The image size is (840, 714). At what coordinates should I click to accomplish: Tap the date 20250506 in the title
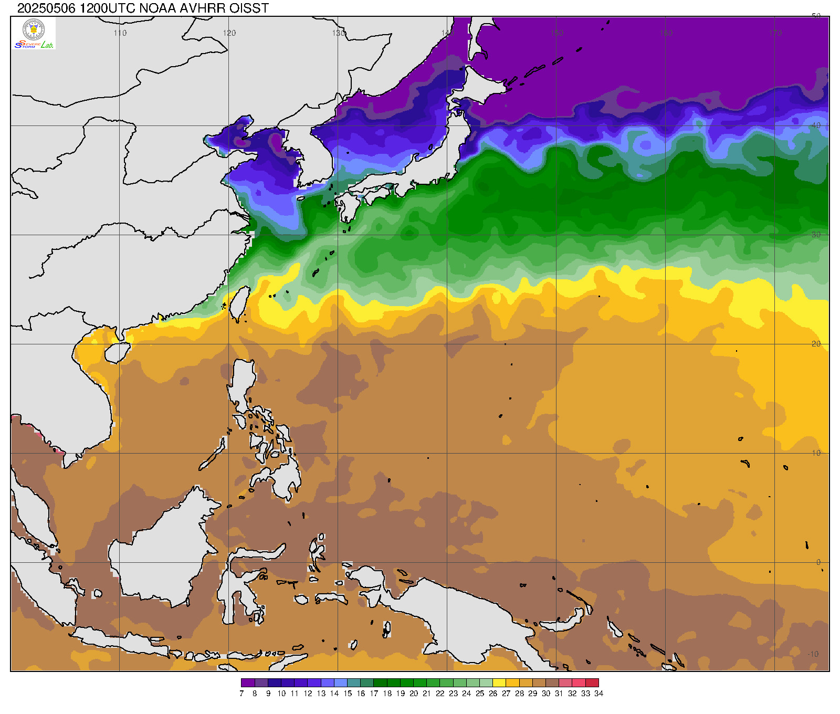pos(46,8)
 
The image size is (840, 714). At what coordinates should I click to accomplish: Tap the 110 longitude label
pos(120,33)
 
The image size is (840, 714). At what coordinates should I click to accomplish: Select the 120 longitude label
pos(229,33)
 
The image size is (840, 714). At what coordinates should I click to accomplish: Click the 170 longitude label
pos(775,33)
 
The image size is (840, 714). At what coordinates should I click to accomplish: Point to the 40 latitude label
pos(816,125)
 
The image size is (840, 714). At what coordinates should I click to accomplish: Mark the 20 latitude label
pos(816,344)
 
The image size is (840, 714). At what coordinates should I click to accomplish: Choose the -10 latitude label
pos(813,654)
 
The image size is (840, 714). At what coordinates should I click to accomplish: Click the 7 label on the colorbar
pos(241,694)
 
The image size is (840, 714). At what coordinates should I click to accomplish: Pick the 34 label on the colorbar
pos(598,694)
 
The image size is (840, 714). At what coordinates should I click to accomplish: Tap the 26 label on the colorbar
pos(493,694)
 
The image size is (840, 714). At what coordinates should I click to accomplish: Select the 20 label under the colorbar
pos(414,694)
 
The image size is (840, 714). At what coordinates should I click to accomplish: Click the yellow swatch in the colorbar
pos(499,682)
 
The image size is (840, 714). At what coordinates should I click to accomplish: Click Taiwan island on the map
pos(240,303)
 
